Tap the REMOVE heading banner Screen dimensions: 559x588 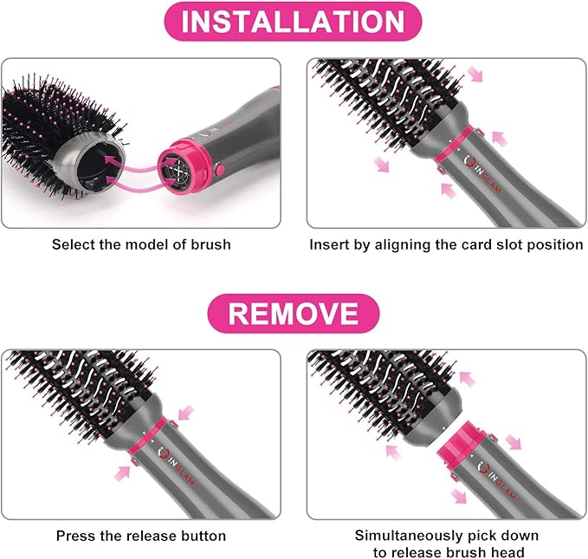(293, 313)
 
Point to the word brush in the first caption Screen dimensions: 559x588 (212, 244)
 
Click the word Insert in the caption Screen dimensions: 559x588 (330, 244)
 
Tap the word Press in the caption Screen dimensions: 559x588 (75, 536)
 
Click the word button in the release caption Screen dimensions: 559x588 (202, 536)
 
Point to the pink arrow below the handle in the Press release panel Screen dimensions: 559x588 (123, 472)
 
